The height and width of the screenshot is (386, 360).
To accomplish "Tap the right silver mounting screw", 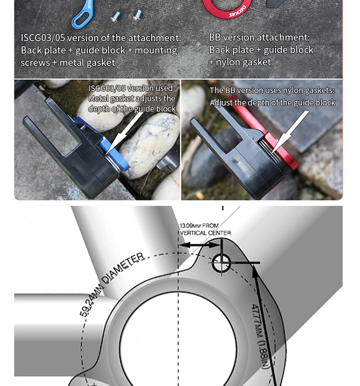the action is click(137, 15).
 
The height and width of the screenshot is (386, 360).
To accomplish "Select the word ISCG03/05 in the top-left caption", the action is click(43, 38).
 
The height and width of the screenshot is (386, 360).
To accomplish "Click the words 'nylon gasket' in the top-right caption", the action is click(243, 62).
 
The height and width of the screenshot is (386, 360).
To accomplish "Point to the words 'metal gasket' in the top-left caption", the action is click(87, 62).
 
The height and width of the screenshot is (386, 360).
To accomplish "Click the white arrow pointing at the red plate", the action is click(290, 132).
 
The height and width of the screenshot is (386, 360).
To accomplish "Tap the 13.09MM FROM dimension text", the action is click(199, 225).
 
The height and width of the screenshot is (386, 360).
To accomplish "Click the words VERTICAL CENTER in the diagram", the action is click(206, 233).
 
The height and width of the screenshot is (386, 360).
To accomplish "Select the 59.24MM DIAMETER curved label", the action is click(112, 283).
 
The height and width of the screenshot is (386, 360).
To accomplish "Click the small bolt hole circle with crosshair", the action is click(221, 263).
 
